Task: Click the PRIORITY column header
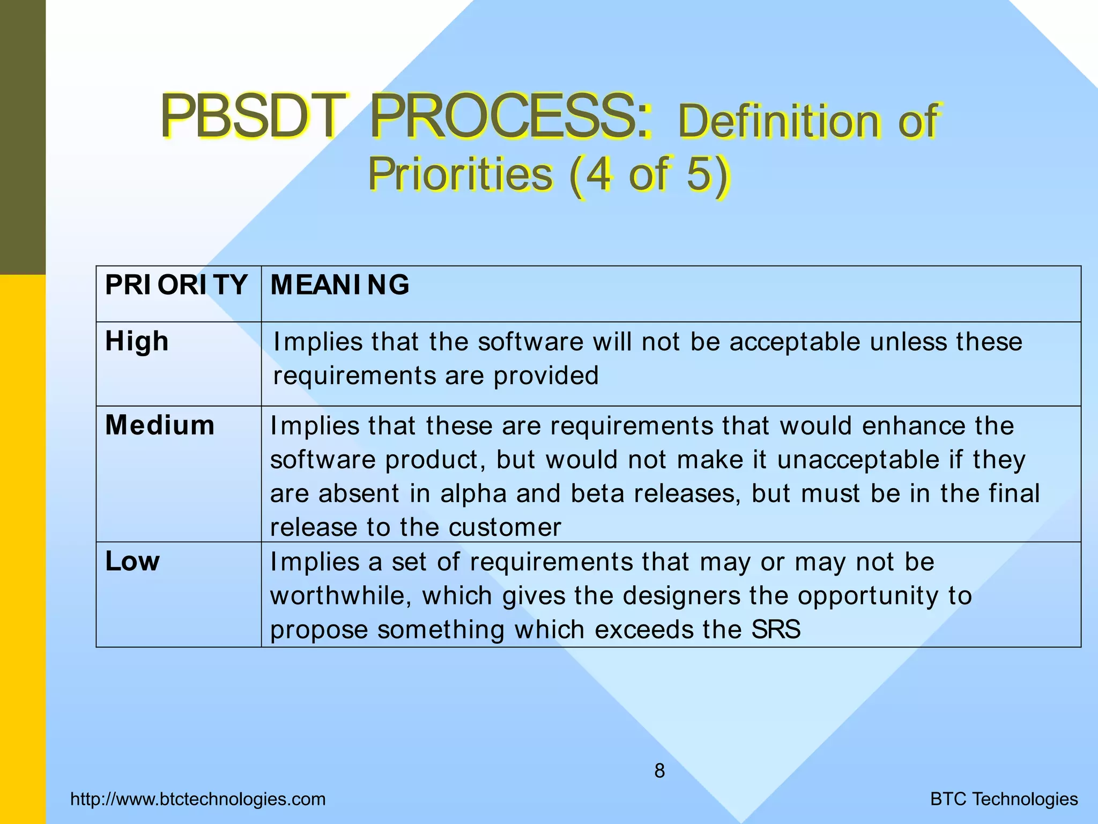(x=176, y=284)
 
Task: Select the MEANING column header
(x=340, y=284)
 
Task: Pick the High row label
(x=137, y=341)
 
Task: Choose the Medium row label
(x=160, y=425)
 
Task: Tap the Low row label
(x=132, y=561)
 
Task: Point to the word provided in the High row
(x=546, y=376)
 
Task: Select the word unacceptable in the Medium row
(x=858, y=460)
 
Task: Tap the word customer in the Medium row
(x=505, y=527)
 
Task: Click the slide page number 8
(x=659, y=771)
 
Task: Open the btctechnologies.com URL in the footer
(x=198, y=799)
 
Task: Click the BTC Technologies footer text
(x=1004, y=799)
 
